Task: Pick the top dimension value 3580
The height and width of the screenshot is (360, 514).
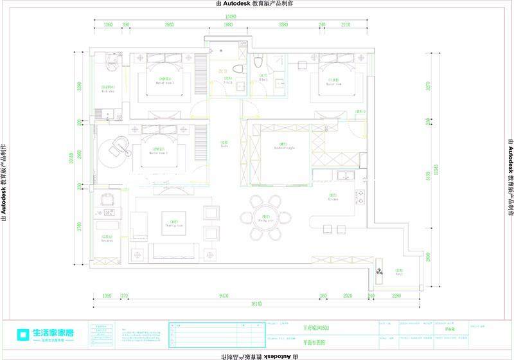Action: point(283,25)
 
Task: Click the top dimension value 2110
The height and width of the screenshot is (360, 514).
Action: point(346,25)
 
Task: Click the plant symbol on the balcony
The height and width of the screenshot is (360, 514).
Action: point(379,273)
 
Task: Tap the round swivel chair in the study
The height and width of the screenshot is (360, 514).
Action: point(118,147)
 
